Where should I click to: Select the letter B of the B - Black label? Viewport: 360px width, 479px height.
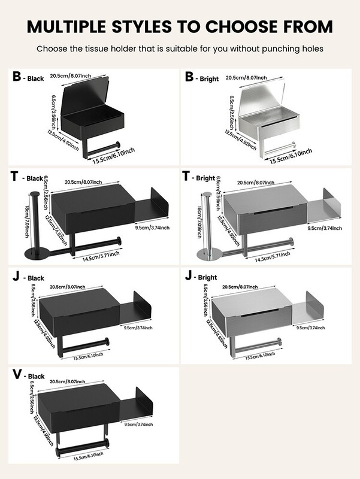point(17,77)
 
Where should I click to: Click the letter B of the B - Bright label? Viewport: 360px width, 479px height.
point(189,77)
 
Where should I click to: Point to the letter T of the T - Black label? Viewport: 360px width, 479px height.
point(16,177)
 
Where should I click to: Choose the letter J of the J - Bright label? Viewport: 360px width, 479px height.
point(189,276)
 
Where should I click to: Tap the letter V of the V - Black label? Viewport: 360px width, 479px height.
point(17,375)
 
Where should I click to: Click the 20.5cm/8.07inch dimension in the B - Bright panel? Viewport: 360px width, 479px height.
point(246,77)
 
